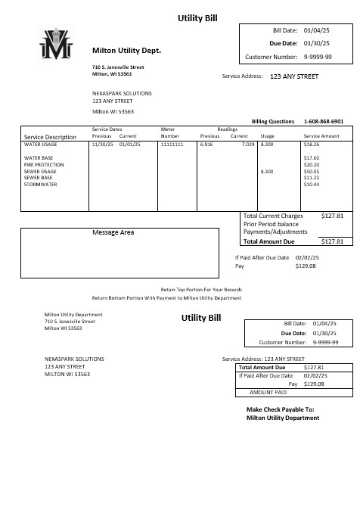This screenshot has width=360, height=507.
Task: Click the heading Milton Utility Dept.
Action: point(126,50)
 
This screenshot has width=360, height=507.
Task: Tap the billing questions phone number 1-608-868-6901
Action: point(323,121)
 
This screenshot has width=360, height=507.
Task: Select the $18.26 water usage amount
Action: point(312,143)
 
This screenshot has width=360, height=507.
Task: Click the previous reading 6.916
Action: point(207,143)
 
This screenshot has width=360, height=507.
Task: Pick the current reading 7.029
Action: point(248,143)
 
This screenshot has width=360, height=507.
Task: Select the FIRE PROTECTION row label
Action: point(44,164)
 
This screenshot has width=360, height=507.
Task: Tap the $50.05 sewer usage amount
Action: point(312,171)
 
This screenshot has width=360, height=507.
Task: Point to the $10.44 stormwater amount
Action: point(312,185)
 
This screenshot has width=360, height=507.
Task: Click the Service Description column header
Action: point(50,137)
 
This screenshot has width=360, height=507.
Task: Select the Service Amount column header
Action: point(321,136)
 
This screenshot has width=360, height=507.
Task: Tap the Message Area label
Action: point(113,232)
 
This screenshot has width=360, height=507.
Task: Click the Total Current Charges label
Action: point(273,216)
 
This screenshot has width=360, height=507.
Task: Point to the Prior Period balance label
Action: point(272,224)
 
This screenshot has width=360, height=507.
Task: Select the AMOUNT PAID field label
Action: point(268,393)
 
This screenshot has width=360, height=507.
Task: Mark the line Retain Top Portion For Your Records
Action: point(201,290)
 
